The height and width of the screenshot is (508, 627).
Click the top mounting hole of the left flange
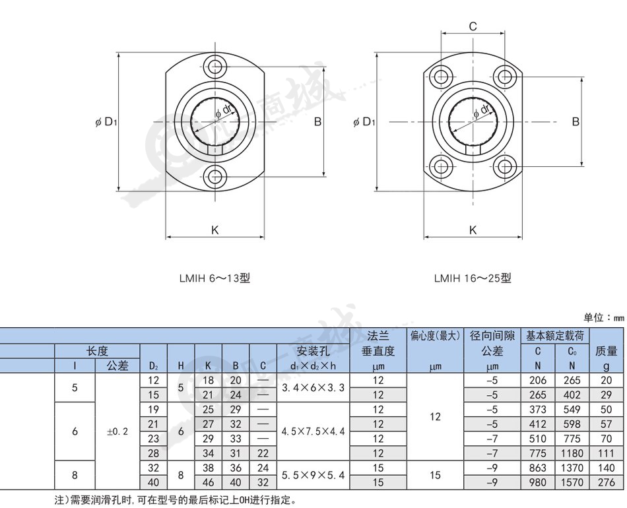point(215,66)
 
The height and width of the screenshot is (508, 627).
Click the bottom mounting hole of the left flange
point(215,175)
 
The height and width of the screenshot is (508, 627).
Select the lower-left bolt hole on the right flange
point(442,166)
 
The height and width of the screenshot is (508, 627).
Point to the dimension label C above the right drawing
point(473,26)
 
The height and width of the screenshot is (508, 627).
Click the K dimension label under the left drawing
point(214,230)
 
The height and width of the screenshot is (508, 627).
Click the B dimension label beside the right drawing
point(576,121)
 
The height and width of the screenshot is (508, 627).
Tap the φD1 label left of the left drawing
point(106,122)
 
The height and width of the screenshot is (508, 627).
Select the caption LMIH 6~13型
point(214,278)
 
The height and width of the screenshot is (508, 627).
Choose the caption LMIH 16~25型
point(473,278)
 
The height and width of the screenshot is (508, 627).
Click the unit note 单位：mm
point(604,318)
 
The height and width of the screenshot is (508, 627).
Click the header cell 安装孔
point(313,352)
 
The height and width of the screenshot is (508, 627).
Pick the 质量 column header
point(606,352)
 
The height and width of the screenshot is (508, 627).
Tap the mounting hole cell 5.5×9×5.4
point(313,475)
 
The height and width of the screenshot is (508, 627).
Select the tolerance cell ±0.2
point(117,431)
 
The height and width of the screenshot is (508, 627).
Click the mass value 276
point(606,482)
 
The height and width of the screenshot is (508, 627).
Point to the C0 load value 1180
point(572,453)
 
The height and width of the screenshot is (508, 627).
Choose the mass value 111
point(606,453)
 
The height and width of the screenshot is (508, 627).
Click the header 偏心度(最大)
point(435,336)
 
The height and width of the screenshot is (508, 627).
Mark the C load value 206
point(537,380)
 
